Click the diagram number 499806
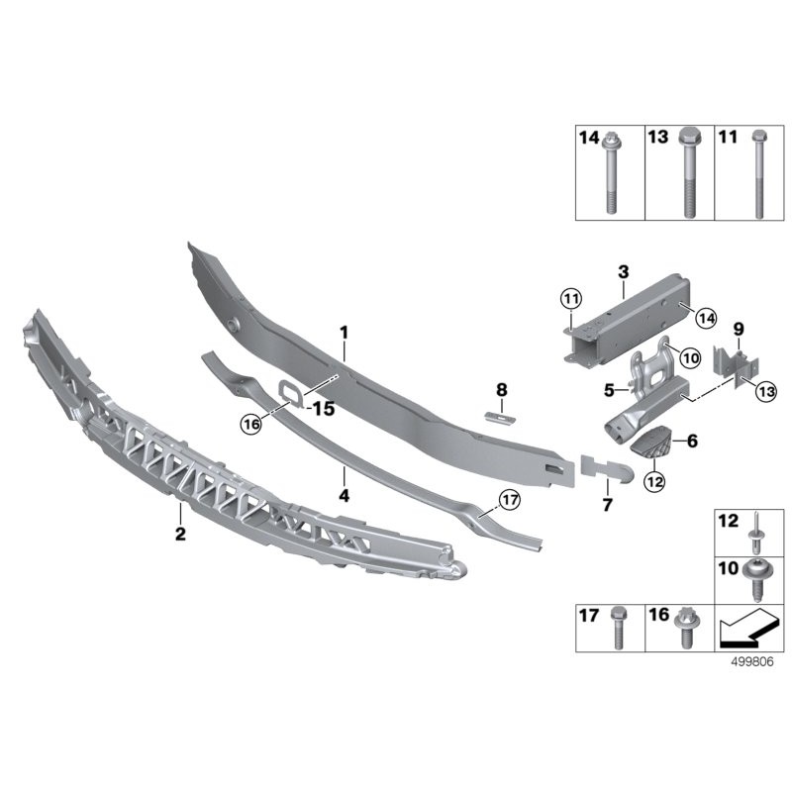(x=752, y=662)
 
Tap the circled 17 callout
(x=509, y=500)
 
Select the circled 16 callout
(x=251, y=424)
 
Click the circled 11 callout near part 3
(x=571, y=299)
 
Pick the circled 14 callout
(x=706, y=318)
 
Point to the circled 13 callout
(x=766, y=391)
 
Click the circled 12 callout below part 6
(x=654, y=481)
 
